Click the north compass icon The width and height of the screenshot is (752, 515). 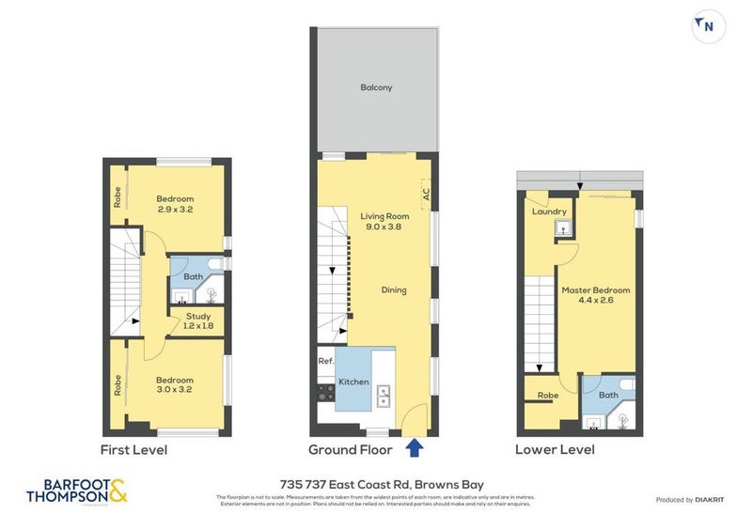(x=709, y=27)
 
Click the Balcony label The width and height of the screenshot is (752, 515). (x=376, y=88)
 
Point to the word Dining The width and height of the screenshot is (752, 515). (x=394, y=290)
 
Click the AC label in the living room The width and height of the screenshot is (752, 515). (x=426, y=195)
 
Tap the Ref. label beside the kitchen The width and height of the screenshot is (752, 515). (x=325, y=361)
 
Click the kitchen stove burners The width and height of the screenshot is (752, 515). (x=325, y=395)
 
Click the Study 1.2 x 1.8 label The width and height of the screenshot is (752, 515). (x=198, y=321)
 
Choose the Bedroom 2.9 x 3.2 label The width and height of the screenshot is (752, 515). (x=175, y=204)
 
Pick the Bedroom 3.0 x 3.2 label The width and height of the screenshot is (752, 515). (x=175, y=385)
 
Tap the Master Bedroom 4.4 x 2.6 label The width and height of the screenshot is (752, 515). (x=596, y=295)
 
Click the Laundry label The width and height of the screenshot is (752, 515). (x=549, y=212)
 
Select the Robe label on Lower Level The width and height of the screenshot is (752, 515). (x=547, y=396)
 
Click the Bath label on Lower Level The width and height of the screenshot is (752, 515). (x=607, y=395)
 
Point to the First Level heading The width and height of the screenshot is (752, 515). (x=133, y=450)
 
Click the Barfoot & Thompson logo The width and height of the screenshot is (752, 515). (x=76, y=490)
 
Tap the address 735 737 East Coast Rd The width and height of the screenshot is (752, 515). (x=376, y=479)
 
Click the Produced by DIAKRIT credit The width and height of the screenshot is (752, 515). (x=691, y=500)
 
